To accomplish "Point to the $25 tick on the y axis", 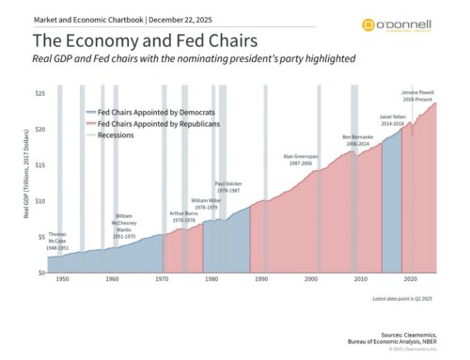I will pos(39,94).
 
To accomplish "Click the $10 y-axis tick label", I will pos(39,201).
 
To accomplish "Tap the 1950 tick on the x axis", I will pos(62,280).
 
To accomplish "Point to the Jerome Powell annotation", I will pos(416,96).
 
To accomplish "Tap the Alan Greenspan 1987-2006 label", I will pos(301,159).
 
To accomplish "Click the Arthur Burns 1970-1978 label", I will pos(184,216).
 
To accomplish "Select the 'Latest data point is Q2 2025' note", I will pos(400,298).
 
